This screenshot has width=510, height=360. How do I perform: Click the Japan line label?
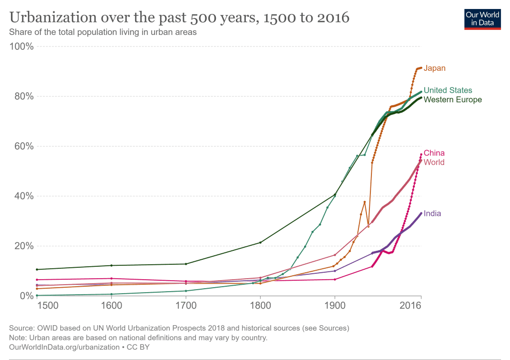(434, 68)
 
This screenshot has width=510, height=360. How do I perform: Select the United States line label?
(447, 90)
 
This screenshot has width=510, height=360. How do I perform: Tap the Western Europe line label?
(452, 100)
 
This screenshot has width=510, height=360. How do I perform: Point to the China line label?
(434, 153)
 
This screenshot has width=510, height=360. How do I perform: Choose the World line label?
(434, 163)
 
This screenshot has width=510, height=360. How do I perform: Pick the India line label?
(432, 213)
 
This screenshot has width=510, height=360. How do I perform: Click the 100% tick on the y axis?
(22, 47)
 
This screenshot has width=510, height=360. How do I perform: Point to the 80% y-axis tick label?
(24, 97)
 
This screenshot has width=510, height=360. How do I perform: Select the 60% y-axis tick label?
(24, 147)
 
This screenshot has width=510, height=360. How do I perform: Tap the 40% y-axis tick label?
(24, 196)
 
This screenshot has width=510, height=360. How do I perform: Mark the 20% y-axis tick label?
(24, 246)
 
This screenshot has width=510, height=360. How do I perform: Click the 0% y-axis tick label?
(26, 296)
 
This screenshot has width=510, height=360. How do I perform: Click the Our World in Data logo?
(482, 19)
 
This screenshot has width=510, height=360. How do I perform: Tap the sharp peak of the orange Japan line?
(364, 201)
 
